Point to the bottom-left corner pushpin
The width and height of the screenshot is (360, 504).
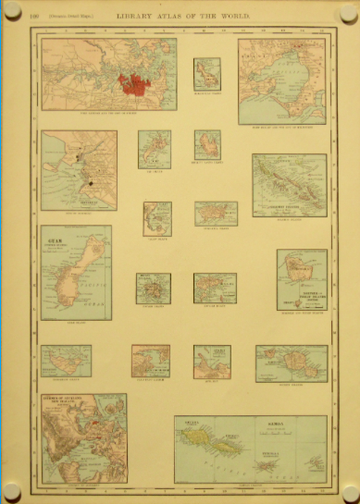[11, 490]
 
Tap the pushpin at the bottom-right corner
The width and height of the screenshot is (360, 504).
[348, 490]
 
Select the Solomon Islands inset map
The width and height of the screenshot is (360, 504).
[290, 185]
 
